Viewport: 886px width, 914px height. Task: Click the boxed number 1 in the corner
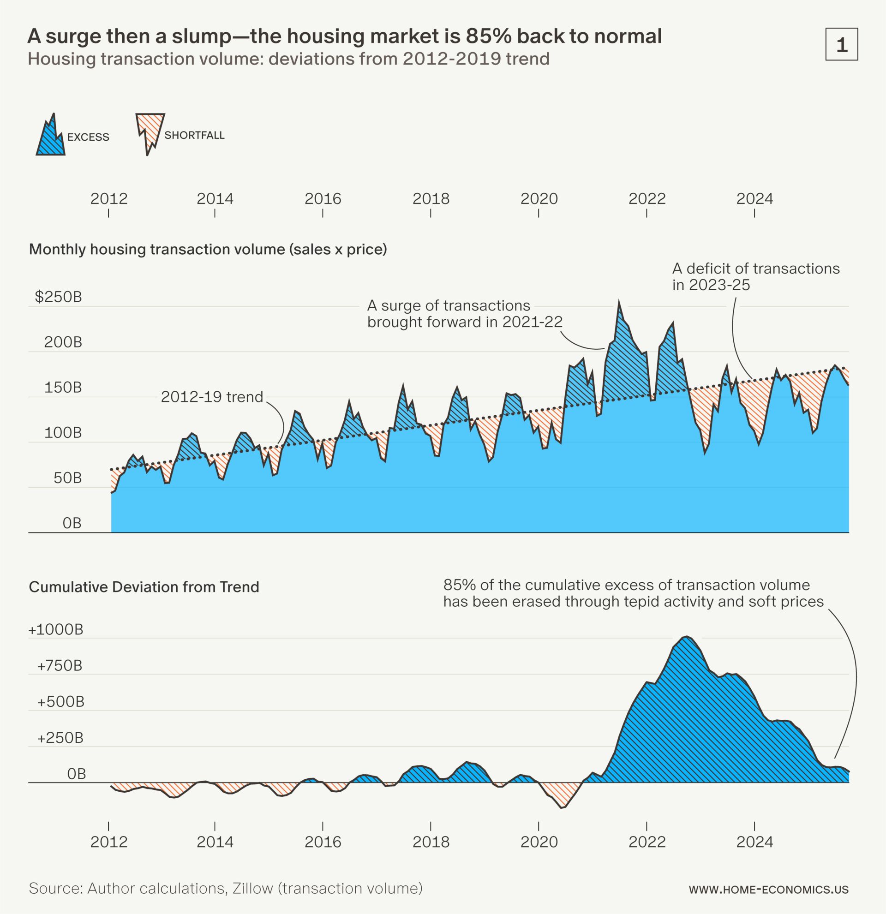coord(841,45)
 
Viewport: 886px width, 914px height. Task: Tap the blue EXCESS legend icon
coord(50,137)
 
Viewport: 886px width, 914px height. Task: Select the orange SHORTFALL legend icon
coord(149,131)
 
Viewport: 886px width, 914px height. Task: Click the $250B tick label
coord(58,297)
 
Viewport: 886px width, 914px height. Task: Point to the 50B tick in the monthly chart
coord(67,478)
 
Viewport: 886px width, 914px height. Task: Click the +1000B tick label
coord(56,630)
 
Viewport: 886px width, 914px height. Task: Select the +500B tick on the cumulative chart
coord(60,702)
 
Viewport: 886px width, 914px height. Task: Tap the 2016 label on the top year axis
coord(323,199)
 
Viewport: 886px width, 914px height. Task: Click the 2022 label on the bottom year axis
coord(647,842)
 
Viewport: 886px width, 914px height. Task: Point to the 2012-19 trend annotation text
coord(212,397)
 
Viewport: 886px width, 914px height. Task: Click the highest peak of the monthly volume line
coord(619,302)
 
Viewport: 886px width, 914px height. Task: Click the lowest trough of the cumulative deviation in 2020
coord(562,808)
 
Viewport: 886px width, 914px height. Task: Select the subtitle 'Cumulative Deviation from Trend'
coord(144,586)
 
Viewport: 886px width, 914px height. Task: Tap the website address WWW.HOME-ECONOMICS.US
coord(768,890)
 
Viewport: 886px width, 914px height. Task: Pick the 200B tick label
coord(63,342)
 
